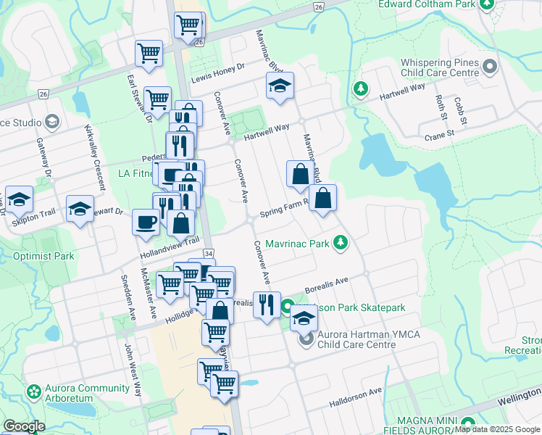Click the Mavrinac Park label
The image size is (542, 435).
(296, 243)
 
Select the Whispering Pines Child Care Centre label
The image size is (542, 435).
(430, 68)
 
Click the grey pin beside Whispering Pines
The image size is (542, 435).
(491, 68)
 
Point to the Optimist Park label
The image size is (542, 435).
(43, 256)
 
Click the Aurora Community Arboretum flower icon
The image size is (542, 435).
(33, 392)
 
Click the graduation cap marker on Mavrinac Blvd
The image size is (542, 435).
(280, 86)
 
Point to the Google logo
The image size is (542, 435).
(24, 426)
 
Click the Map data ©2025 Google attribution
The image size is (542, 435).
(498, 429)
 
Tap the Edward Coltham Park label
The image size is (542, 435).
(427, 4)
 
